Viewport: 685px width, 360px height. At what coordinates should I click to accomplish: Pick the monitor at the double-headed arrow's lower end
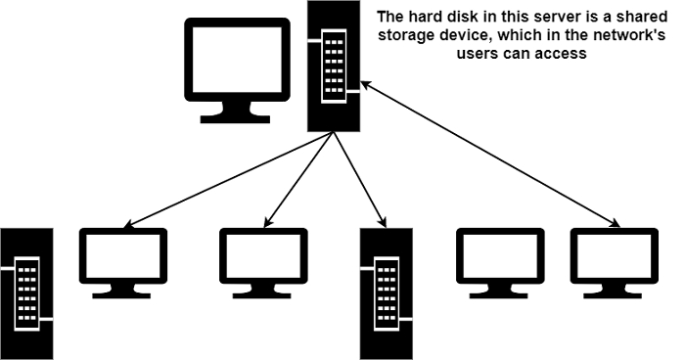coord(615,259)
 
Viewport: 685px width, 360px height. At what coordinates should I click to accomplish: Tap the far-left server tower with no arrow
coord(24,292)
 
